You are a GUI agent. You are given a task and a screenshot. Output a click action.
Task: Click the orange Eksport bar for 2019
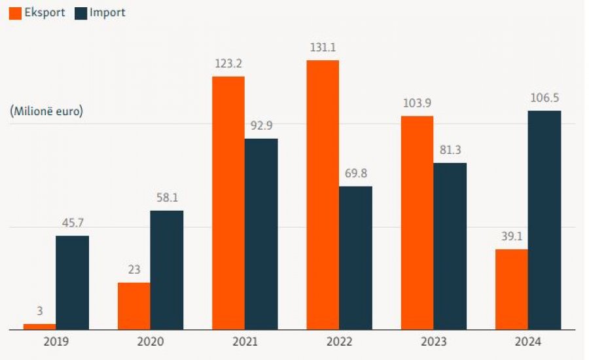(39, 326)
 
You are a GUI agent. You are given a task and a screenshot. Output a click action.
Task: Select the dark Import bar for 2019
(72, 282)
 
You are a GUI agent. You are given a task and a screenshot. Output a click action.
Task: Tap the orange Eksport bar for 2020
(134, 306)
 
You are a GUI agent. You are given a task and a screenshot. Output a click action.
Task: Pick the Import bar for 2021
(261, 234)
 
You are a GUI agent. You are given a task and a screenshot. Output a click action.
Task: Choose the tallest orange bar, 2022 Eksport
(323, 194)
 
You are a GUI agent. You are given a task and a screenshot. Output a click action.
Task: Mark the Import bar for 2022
(355, 257)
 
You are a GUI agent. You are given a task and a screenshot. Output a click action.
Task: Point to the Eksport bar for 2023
(417, 223)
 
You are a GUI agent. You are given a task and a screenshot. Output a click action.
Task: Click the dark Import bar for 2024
(544, 220)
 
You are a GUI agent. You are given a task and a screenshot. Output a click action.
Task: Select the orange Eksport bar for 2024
(512, 289)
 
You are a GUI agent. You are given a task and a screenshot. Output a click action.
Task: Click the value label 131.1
(323, 47)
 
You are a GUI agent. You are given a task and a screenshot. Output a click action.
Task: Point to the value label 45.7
(72, 223)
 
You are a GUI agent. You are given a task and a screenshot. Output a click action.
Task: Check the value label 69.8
(355, 173)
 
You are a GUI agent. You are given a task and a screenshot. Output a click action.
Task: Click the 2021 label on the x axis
(245, 341)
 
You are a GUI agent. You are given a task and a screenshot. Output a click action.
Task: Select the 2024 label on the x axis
(528, 341)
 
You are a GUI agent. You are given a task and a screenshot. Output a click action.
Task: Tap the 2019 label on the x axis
(56, 341)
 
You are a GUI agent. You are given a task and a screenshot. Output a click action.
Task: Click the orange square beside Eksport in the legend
(16, 12)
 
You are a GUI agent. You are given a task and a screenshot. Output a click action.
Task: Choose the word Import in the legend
(109, 12)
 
